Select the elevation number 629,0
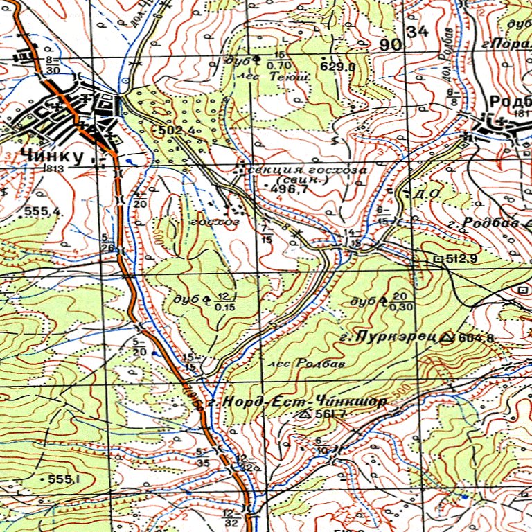[338, 67]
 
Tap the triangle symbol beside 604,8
[447, 337]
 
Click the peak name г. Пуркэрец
[388, 337]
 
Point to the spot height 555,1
[64, 479]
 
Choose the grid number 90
[391, 45]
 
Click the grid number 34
[418, 32]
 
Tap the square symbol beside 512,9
[438, 258]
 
